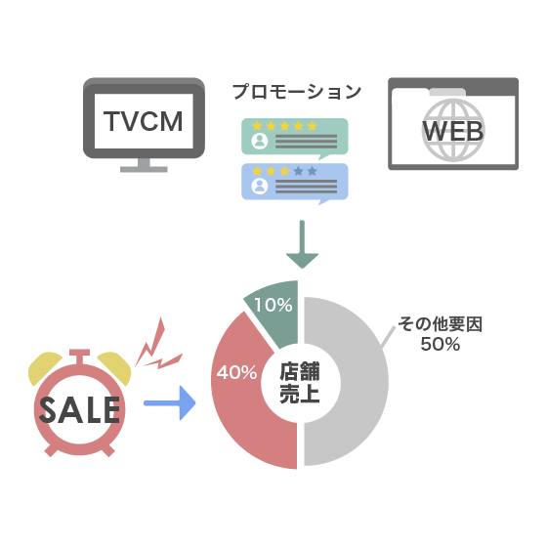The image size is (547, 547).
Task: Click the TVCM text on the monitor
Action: [144, 121]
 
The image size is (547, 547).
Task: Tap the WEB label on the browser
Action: [453, 131]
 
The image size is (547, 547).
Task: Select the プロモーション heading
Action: [297, 92]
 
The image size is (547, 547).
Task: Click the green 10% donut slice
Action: [275, 311]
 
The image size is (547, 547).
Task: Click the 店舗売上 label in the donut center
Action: [300, 383]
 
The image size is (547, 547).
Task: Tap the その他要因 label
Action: [441, 324]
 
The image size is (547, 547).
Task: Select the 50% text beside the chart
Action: [441, 344]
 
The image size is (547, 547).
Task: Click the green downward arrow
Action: [302, 244]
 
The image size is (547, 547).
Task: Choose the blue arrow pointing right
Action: [170, 402]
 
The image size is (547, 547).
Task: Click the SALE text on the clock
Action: [79, 410]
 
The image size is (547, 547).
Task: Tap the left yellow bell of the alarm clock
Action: [44, 367]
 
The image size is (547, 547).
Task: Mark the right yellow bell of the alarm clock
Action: [115, 367]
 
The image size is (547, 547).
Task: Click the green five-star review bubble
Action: [295, 138]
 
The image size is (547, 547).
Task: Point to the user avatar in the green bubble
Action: [260, 141]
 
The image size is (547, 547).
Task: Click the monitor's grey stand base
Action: [144, 169]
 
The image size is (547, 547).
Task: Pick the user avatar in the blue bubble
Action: [260, 186]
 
